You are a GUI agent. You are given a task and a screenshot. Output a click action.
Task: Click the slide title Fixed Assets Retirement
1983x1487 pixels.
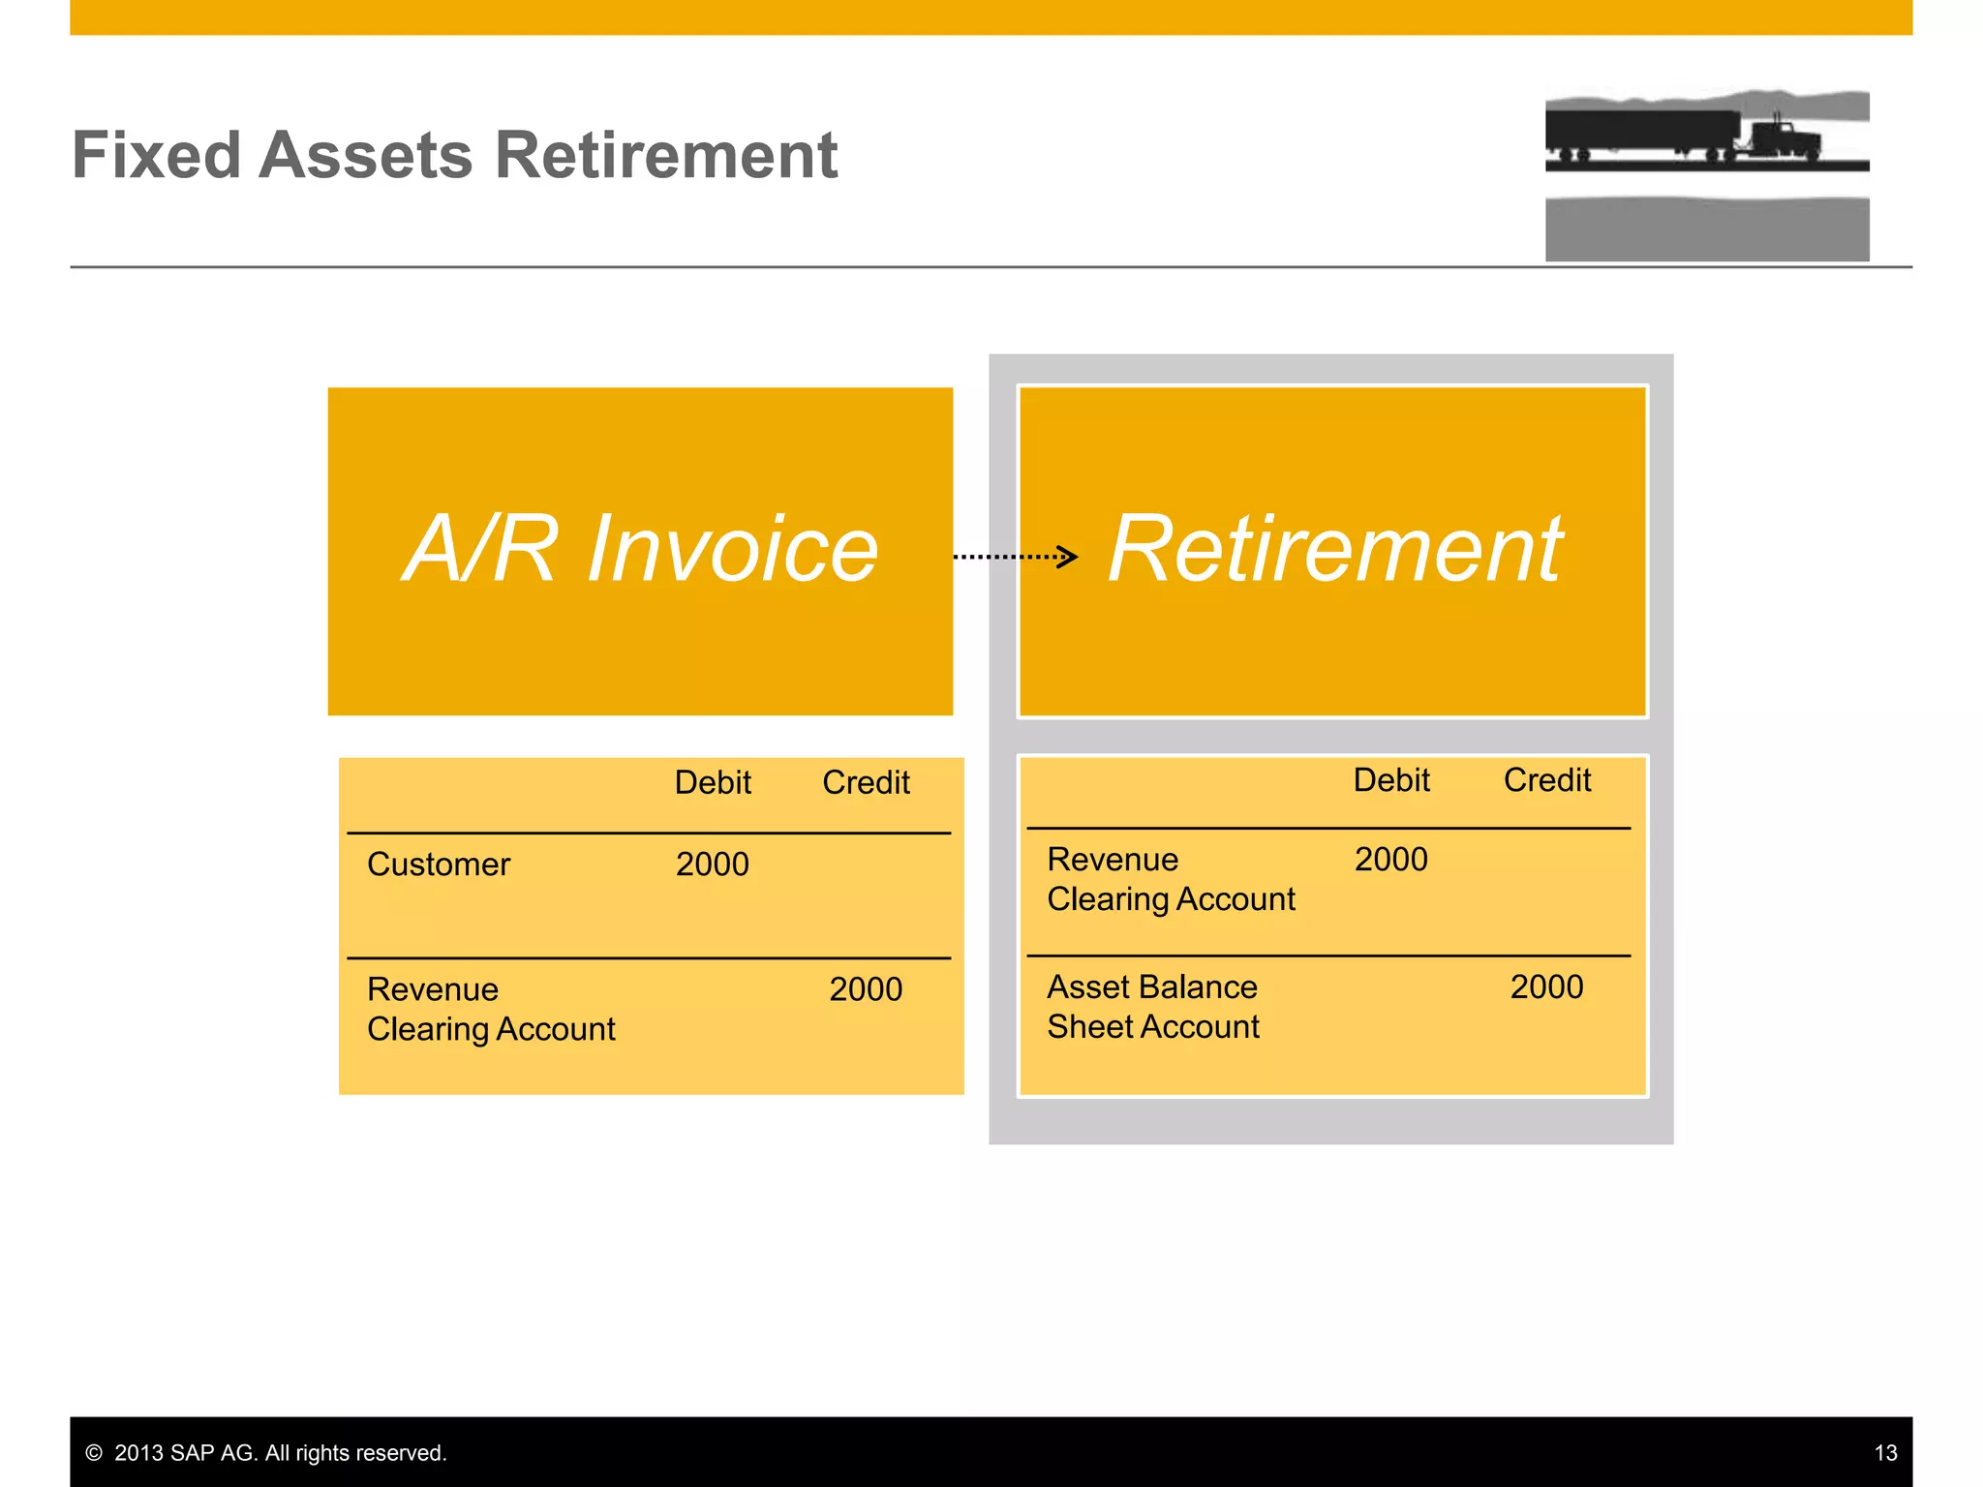[454, 155]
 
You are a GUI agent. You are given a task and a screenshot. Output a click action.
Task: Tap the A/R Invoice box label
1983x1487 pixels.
[640, 549]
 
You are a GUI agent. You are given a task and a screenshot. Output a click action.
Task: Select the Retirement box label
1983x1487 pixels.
[1334, 549]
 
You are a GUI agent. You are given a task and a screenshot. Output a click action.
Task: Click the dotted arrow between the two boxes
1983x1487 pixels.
[1015, 557]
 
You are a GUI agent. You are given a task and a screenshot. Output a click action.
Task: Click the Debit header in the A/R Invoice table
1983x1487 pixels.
[713, 782]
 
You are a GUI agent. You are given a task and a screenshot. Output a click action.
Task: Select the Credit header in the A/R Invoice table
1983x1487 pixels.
[866, 782]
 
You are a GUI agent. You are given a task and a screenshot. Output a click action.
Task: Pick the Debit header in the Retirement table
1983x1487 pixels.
[1391, 780]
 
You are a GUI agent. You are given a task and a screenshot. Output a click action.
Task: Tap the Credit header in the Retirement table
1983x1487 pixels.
[1546, 780]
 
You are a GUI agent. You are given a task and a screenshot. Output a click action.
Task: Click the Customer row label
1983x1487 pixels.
[439, 864]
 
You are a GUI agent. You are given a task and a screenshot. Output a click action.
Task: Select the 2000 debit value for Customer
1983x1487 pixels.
[713, 864]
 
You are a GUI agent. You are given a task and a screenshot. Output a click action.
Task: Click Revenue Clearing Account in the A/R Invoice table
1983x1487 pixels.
[491, 1009]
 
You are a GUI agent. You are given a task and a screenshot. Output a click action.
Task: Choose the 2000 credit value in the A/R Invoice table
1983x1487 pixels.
[866, 989]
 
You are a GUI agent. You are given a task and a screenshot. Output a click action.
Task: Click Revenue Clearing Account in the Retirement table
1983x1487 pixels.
[1171, 879]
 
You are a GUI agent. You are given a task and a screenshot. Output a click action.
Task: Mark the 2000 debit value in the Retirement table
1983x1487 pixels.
[1391, 860]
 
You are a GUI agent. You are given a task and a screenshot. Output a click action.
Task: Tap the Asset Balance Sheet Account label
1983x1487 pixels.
[1153, 1007]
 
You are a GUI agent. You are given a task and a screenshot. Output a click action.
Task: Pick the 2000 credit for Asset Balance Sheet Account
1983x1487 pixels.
[1546, 987]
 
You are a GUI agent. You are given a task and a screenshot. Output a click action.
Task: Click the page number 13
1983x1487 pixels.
[1885, 1453]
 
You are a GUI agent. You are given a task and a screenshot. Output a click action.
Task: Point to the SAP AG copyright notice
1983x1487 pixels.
[266, 1453]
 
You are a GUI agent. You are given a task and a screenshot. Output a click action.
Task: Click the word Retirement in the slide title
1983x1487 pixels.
[666, 155]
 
